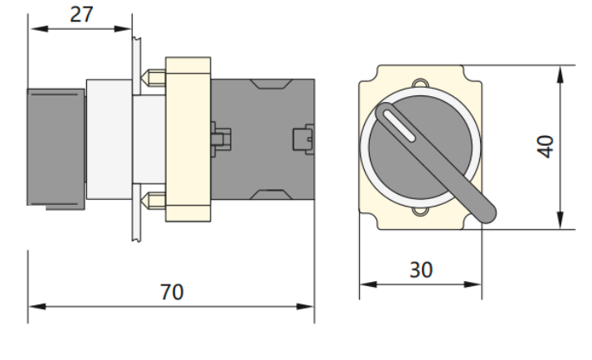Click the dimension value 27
(81, 16)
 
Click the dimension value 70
(172, 293)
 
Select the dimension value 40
(546, 146)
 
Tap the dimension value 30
(420, 270)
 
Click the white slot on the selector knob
(399, 127)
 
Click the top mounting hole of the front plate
(420, 83)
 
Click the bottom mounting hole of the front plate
(420, 212)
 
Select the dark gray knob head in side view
(56, 146)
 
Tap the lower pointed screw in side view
(152, 199)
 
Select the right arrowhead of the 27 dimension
(125, 30)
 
